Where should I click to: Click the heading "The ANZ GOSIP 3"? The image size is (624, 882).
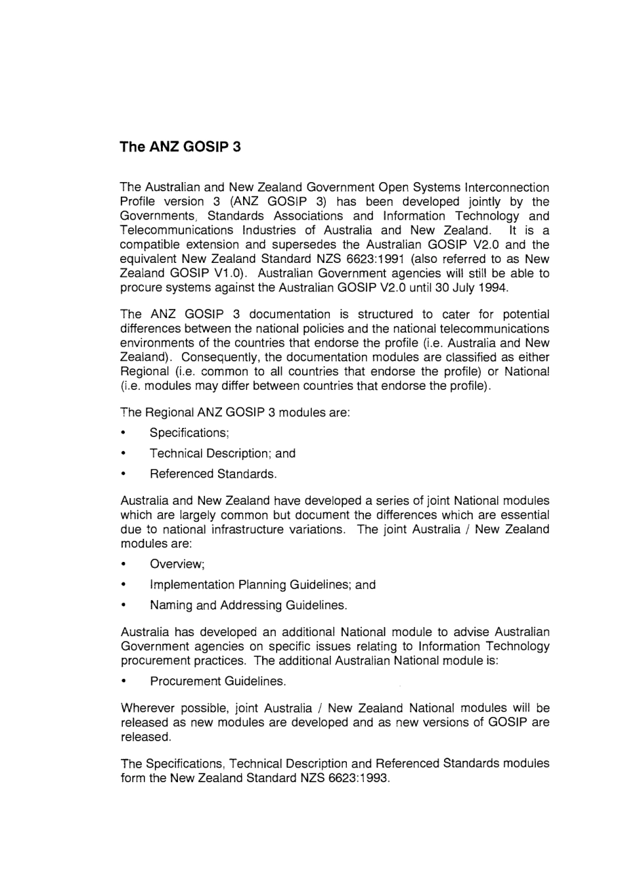coord(180,147)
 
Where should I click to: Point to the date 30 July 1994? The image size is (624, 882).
coord(472,287)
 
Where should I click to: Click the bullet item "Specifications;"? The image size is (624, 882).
coord(189,433)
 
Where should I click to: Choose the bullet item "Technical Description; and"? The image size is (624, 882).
coord(223,453)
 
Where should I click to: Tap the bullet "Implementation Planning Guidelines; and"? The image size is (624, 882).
coord(263,585)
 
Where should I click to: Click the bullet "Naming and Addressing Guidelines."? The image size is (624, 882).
coord(248,605)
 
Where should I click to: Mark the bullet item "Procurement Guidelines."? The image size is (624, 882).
coord(218,682)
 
